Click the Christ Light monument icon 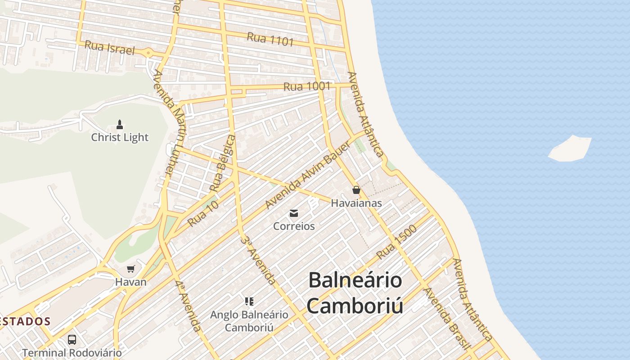pos(120,124)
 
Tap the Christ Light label pos(120,137)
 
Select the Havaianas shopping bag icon pos(356,190)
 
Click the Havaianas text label pos(356,203)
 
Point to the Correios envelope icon pos(294,213)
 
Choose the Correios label pos(294,226)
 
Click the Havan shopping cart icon pos(131,269)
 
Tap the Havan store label pos(131,282)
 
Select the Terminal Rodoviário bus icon pos(72,340)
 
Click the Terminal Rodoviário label pos(72,353)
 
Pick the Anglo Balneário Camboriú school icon pos(249,301)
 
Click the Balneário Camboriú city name pos(355,293)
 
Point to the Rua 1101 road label pos(270,39)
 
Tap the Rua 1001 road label pos(307,86)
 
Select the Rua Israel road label pos(109,48)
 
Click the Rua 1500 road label pos(396,242)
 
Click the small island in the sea pos(570,148)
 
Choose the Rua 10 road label pos(203,213)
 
